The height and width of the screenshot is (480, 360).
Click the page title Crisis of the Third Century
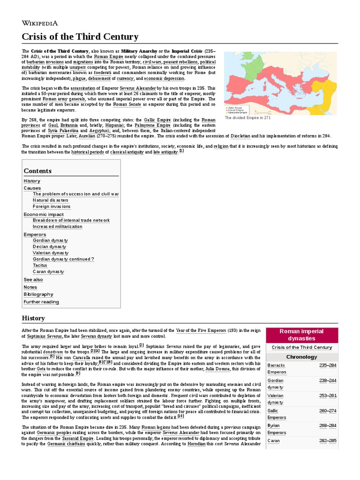(80, 37)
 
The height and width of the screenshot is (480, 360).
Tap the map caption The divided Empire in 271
(247, 118)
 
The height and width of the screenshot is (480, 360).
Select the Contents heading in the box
(37, 171)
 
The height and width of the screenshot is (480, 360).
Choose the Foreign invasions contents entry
(52, 207)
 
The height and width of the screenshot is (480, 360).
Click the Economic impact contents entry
(44, 214)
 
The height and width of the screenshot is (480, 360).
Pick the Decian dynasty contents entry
(50, 247)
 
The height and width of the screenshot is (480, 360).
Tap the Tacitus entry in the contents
(40, 265)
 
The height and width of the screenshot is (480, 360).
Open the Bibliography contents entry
(38, 294)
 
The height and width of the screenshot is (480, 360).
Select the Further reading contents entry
(41, 302)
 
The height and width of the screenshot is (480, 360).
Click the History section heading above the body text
(33, 318)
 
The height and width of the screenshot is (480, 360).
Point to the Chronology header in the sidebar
(301, 357)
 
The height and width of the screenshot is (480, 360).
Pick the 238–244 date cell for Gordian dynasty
(328, 381)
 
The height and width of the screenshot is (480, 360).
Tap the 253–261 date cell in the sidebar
(328, 396)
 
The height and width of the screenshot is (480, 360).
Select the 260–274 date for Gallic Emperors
(328, 411)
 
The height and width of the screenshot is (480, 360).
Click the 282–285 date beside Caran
(328, 441)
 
